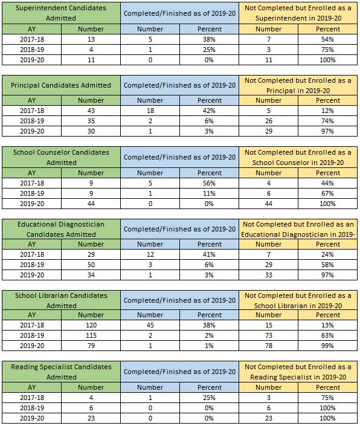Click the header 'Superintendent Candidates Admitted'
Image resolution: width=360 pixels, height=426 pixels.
click(61, 13)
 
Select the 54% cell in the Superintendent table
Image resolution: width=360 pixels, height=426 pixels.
click(327, 39)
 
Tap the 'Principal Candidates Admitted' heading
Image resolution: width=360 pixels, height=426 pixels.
click(61, 85)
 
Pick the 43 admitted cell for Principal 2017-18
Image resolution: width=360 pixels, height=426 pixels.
click(91, 111)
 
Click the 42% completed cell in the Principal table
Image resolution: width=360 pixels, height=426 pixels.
click(209, 111)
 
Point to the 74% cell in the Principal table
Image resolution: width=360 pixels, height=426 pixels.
click(327, 121)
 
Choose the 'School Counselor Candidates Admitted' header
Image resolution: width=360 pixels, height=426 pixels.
click(61, 157)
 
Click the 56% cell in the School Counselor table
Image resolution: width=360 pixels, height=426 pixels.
click(209, 183)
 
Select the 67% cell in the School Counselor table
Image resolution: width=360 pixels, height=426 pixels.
click(327, 194)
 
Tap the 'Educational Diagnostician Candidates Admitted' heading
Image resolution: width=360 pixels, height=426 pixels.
click(61, 229)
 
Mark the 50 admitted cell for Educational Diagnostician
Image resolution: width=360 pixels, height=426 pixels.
click(91, 265)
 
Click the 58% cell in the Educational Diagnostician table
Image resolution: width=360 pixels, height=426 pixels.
click(327, 265)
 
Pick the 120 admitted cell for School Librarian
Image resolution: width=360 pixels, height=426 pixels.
click(91, 325)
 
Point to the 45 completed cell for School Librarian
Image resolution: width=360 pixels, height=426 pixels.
click(150, 325)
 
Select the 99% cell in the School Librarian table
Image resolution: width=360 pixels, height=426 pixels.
click(327, 346)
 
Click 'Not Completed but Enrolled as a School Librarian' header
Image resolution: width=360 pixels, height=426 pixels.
click(298, 300)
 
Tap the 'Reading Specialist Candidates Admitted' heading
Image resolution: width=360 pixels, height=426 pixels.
click(61, 372)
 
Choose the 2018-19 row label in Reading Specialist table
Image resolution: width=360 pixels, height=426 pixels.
click(32, 408)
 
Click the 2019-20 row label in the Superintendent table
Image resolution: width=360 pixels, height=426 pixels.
click(32, 60)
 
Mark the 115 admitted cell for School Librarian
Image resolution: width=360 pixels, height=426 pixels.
click(91, 335)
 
